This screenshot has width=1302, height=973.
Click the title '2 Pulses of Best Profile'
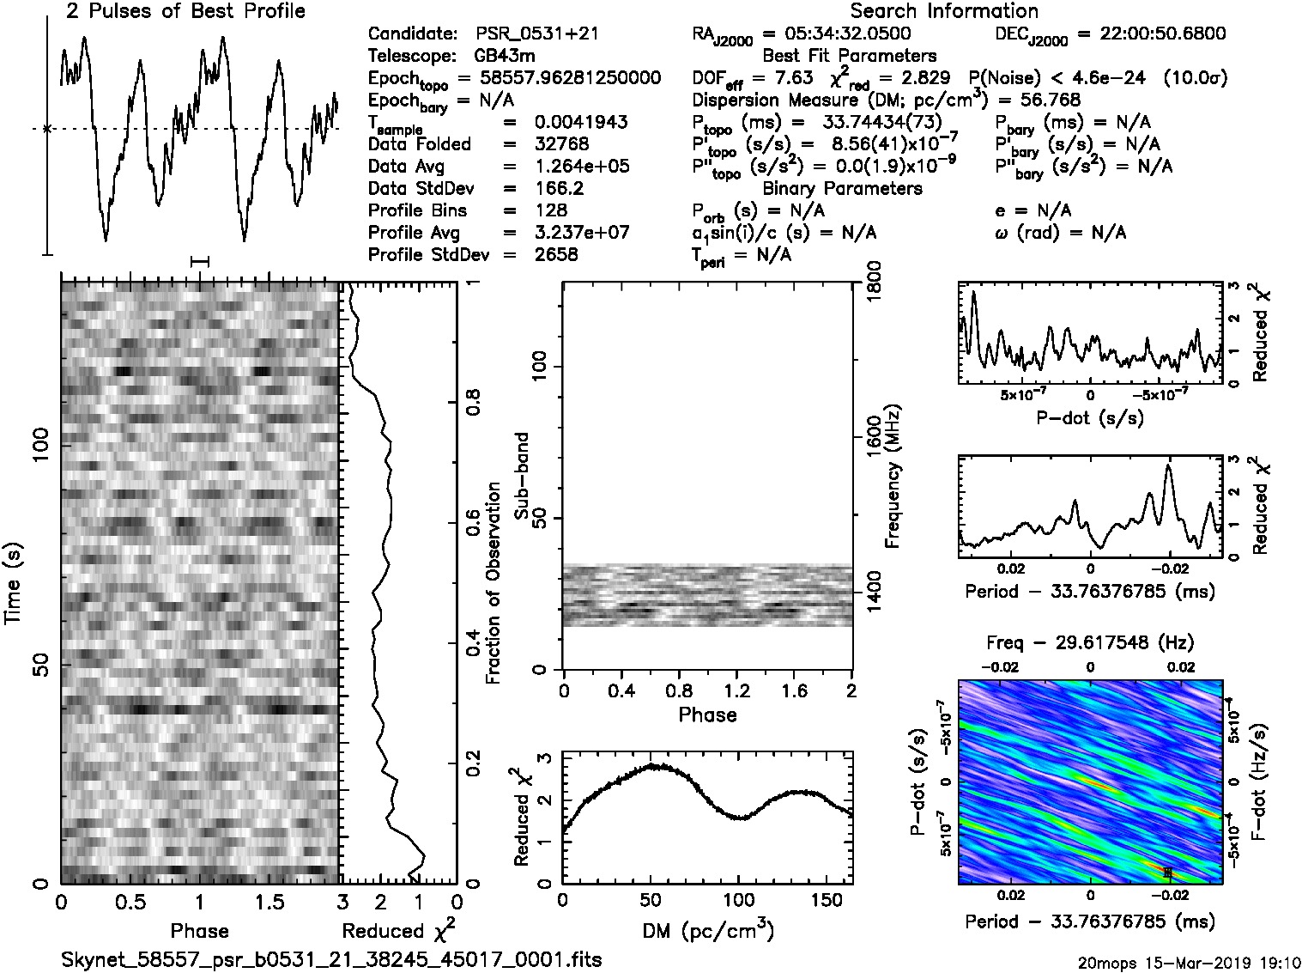pos(185,11)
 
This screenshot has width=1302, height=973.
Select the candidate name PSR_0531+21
pos(537,33)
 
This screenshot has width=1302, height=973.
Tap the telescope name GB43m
pos(505,56)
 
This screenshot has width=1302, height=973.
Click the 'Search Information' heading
pos(944,11)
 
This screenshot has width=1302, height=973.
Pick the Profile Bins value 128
pos(550,210)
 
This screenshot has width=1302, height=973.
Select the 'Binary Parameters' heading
pos(842,188)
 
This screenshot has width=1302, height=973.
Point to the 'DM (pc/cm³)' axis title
pos(707,930)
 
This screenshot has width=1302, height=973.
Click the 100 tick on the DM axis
pos(738,900)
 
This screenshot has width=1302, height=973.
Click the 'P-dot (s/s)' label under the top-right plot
pos(1090,418)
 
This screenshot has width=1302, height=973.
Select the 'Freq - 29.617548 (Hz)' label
pos(1090,642)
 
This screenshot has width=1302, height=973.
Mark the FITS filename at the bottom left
pos(331,959)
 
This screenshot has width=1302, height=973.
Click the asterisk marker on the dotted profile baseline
pos(47,129)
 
